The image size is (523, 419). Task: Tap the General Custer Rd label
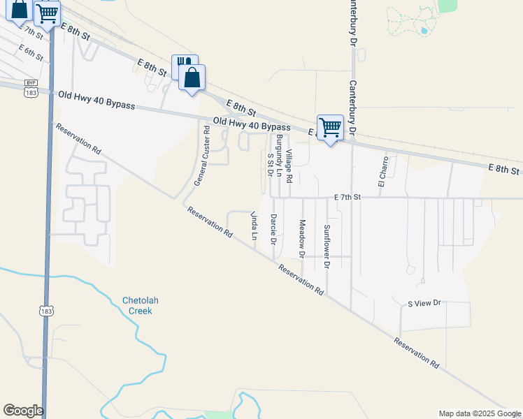202,155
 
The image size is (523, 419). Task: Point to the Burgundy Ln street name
278,154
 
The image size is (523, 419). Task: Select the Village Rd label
288,161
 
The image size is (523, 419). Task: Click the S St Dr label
270,164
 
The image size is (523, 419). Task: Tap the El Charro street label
382,172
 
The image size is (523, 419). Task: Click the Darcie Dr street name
274,229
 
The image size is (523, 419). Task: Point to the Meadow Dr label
302,239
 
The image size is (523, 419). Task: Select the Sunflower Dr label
327,247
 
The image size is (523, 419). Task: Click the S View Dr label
425,303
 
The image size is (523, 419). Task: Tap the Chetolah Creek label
141,305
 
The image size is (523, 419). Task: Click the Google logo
23,411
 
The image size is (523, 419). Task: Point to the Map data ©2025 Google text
480,413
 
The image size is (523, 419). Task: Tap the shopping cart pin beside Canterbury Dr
330,127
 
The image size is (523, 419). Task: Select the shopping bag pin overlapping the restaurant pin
192,78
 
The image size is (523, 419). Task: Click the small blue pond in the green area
424,31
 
